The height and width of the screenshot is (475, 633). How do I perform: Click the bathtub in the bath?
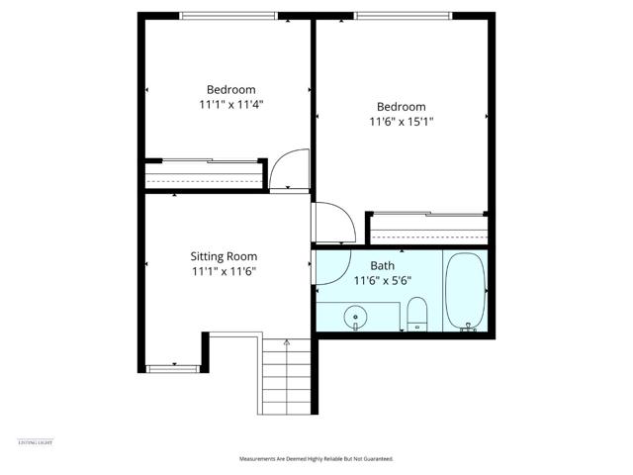tap(464, 293)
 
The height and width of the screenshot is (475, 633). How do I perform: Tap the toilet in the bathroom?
tap(416, 316)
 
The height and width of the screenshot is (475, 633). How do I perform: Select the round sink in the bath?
tap(356, 318)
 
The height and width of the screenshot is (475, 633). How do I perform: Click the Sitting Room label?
tap(229, 256)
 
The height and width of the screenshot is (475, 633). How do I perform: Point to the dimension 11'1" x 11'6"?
tap(229, 271)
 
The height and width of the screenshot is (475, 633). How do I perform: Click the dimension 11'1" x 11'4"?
tap(230, 102)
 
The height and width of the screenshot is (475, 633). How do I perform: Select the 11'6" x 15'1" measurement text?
tap(402, 122)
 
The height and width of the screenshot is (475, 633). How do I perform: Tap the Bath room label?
tap(383, 265)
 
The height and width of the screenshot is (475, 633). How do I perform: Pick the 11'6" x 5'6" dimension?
tap(383, 280)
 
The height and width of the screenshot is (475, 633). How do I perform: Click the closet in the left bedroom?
tap(205, 175)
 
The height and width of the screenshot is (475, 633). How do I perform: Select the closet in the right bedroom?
tap(428, 230)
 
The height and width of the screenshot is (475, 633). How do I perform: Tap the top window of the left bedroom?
tap(228, 14)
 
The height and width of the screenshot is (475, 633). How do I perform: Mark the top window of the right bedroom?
tap(403, 14)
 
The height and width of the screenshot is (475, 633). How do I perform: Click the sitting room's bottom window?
tap(173, 368)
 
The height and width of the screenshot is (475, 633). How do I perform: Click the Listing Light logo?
tap(36, 442)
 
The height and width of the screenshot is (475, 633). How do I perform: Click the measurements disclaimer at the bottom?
tap(316, 459)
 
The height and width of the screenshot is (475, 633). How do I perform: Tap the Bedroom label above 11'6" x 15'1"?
tap(402, 107)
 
